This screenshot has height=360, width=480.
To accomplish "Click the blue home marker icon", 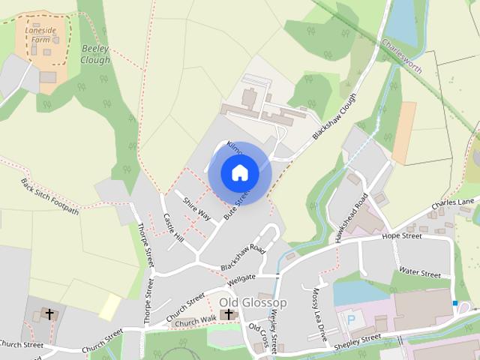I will [239, 173].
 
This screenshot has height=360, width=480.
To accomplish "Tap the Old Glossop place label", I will [253, 302].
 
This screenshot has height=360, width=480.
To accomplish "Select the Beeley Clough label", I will [95, 54].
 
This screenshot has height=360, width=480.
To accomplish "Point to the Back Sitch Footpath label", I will [49, 196].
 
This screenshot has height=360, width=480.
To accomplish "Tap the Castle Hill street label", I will [173, 227].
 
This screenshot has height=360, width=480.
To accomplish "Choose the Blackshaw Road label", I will [243, 257].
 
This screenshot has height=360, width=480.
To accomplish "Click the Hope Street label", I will [402, 235].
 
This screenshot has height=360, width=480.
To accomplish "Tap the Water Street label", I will [420, 273].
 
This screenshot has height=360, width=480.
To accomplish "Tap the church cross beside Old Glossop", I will [229, 314].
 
